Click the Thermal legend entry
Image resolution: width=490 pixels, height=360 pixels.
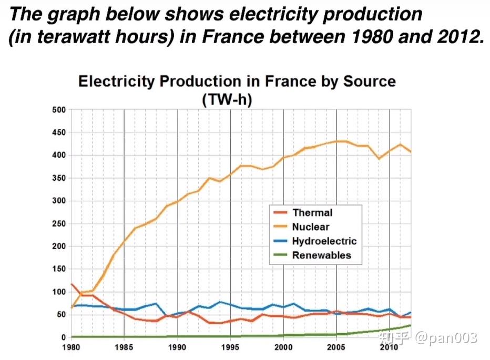click(x=312, y=213)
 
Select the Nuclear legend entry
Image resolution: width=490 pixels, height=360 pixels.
click(x=311, y=227)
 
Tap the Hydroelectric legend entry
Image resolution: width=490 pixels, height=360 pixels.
click(x=324, y=241)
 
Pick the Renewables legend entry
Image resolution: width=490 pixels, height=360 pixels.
click(x=321, y=255)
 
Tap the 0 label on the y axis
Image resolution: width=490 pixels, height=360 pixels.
click(x=63, y=337)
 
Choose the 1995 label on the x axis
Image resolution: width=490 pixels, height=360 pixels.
click(x=230, y=347)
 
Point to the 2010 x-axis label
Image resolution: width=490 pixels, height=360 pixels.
click(x=389, y=347)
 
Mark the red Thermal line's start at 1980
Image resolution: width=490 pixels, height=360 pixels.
click(x=71, y=284)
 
